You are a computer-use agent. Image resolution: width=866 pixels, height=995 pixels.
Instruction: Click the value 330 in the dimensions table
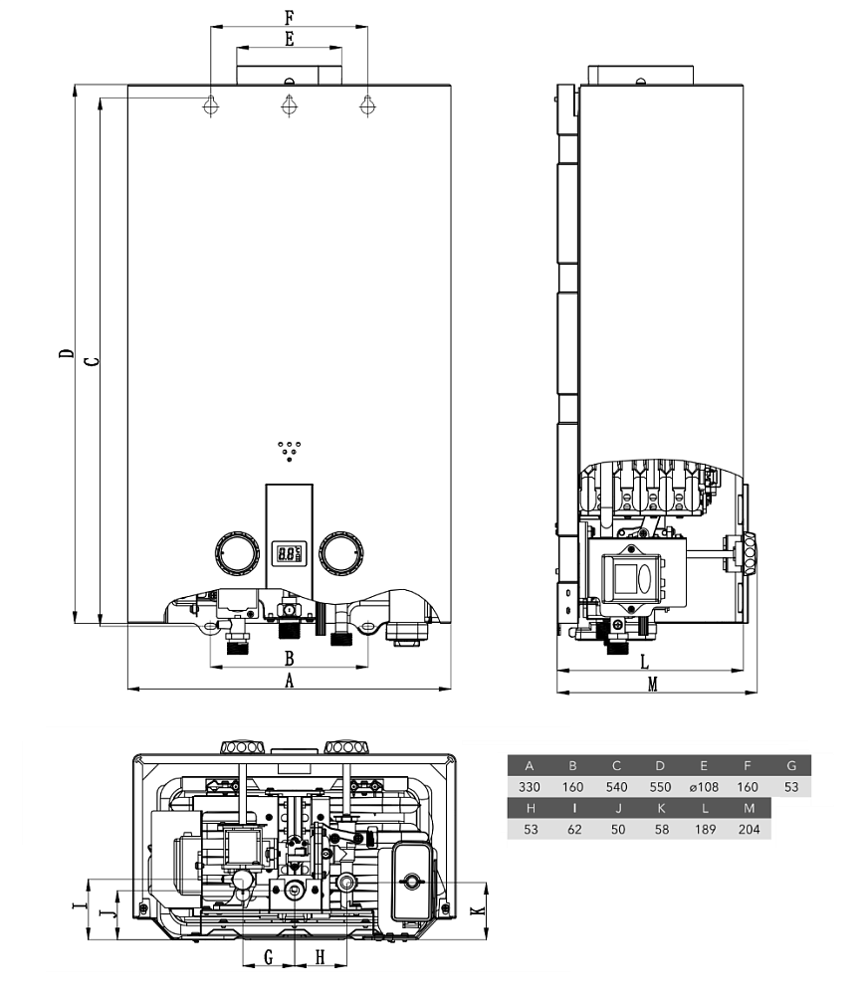tap(529, 787)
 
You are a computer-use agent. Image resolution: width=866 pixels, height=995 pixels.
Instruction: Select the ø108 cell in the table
tap(704, 787)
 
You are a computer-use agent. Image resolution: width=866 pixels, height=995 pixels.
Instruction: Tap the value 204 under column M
tap(750, 829)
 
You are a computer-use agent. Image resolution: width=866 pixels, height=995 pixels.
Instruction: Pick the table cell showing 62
tap(574, 829)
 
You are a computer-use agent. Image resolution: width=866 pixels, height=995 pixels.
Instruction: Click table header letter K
tap(662, 808)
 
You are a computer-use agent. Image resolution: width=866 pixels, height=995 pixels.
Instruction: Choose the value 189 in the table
tap(706, 829)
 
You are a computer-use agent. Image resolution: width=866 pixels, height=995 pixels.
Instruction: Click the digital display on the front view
tap(289, 553)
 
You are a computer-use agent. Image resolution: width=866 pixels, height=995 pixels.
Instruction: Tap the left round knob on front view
tap(238, 552)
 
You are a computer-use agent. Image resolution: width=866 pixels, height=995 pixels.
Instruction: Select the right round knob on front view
tap(341, 552)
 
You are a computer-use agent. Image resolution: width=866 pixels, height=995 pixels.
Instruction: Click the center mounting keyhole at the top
tap(289, 104)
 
